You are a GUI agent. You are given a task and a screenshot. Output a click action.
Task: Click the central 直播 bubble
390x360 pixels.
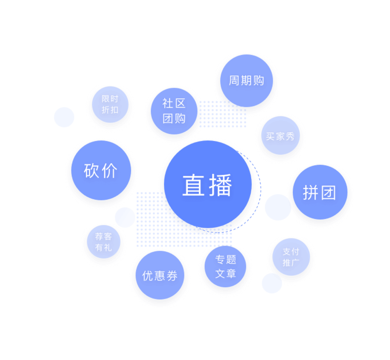click(x=208, y=184)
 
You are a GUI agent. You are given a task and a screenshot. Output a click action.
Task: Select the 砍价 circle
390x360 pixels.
click(x=101, y=170)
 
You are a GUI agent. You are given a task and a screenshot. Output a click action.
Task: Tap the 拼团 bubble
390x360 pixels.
click(x=320, y=192)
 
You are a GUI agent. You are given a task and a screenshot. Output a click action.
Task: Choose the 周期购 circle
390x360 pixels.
click(x=246, y=80)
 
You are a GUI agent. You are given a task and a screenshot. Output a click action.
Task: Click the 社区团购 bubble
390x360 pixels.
click(x=174, y=111)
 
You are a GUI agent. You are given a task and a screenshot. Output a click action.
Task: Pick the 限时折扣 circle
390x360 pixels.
click(x=110, y=104)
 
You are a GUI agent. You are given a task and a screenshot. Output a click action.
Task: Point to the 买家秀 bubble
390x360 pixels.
click(x=280, y=136)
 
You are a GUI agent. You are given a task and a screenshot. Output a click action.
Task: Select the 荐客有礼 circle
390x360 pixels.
click(x=103, y=242)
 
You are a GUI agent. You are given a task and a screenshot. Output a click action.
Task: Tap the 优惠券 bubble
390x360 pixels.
click(x=160, y=275)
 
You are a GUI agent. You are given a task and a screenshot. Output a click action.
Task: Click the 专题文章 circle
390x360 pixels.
click(x=225, y=266)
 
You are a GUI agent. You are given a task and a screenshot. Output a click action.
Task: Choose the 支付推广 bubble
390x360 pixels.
click(x=291, y=257)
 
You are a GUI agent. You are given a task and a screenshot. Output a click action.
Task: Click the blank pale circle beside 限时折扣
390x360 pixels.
click(x=64, y=117)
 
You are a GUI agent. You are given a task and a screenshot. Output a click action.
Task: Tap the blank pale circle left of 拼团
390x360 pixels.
click(x=278, y=207)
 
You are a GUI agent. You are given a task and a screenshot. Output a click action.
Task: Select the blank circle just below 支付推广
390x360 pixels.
click(x=272, y=283)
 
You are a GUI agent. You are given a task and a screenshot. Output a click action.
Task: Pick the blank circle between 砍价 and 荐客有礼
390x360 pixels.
click(x=125, y=217)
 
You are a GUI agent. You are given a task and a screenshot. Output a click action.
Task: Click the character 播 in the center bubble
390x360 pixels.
click(x=220, y=185)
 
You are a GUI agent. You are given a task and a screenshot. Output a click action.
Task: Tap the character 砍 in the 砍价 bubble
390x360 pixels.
click(x=91, y=171)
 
